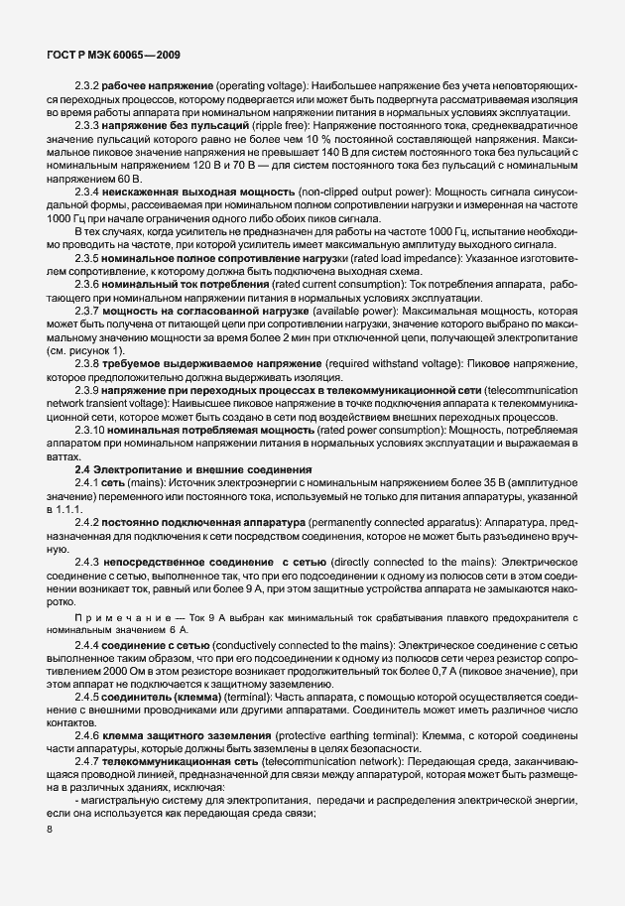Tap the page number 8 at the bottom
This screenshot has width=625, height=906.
(x=51, y=830)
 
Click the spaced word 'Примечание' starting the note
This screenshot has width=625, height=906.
(x=114, y=619)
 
